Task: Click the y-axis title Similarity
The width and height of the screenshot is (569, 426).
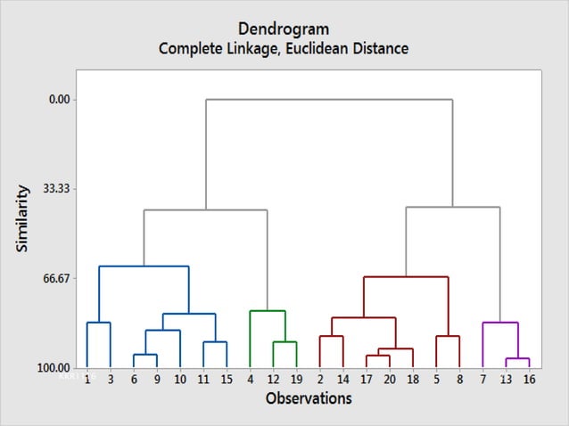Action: pyautogui.click(x=24, y=217)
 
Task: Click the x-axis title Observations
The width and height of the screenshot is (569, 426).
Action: pyautogui.click(x=309, y=398)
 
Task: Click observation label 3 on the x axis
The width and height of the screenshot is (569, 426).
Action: pyautogui.click(x=111, y=379)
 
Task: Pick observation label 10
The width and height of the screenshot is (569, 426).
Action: pyautogui.click(x=180, y=379)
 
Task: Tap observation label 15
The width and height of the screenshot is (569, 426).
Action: pyautogui.click(x=227, y=379)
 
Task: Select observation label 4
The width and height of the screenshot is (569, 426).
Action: pyautogui.click(x=251, y=379)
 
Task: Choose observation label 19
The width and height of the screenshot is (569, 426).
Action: pyautogui.click(x=296, y=379)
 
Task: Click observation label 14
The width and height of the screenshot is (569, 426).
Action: pyautogui.click(x=342, y=379)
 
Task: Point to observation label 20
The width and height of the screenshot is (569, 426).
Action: pyautogui.click(x=390, y=379)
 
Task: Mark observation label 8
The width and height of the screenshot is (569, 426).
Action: pyautogui.click(x=459, y=379)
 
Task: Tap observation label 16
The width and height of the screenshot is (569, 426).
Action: pyautogui.click(x=529, y=379)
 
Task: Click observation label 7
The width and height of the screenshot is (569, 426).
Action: pyautogui.click(x=482, y=379)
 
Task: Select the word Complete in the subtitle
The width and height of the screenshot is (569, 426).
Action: pyautogui.click(x=191, y=48)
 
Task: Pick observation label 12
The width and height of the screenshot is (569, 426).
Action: pyautogui.click(x=273, y=379)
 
